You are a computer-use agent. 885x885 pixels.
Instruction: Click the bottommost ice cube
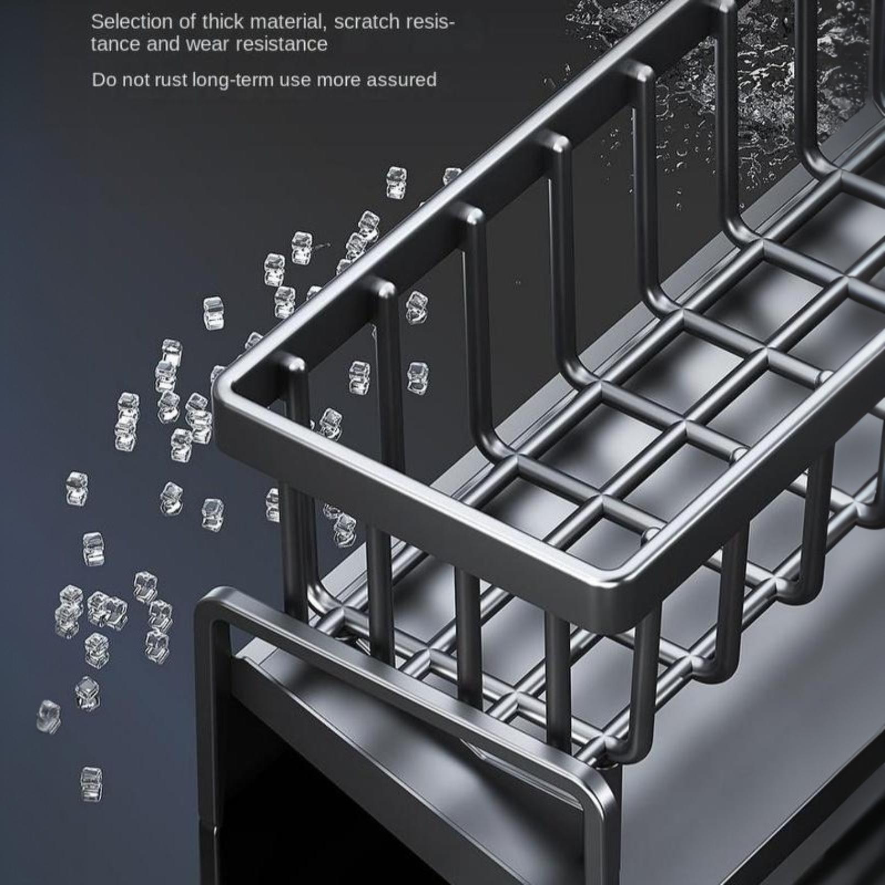(x=91, y=784)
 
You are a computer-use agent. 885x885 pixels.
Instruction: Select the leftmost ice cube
(x=49, y=717)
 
